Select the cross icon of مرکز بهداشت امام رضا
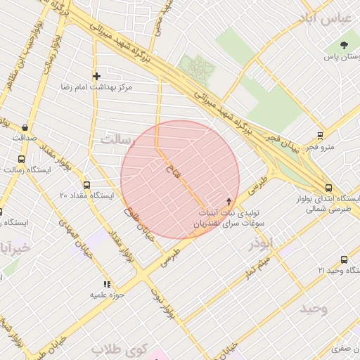tap(96, 76)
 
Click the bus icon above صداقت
tap(26, 127)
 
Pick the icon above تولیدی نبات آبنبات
tap(228, 200)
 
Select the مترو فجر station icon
tap(321, 136)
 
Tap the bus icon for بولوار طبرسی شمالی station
tap(328, 187)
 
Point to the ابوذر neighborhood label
tap(261, 245)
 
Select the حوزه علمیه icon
tap(107, 284)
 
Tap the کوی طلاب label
tap(118, 349)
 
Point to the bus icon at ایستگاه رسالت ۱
tap(21, 159)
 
